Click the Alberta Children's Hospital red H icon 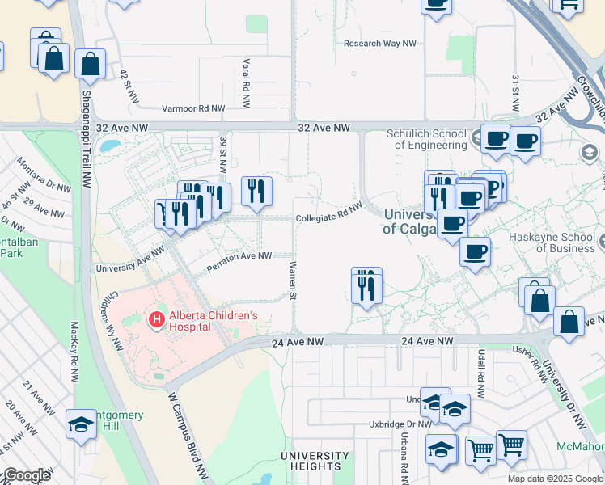156,321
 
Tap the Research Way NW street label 379,44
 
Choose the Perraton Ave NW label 239,256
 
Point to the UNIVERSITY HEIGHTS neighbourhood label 311,461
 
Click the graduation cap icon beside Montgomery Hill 81,424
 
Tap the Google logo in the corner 27,475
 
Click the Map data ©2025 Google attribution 555,479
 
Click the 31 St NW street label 514,94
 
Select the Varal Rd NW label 244,74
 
